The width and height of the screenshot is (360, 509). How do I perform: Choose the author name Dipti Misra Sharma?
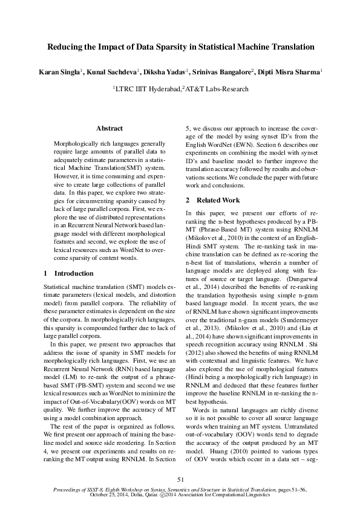coord(290,73)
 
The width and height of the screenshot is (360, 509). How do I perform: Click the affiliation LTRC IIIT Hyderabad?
coord(149,89)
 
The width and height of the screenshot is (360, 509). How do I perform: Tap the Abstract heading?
coord(110,128)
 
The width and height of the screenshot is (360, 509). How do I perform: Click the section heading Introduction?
coord(73,273)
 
